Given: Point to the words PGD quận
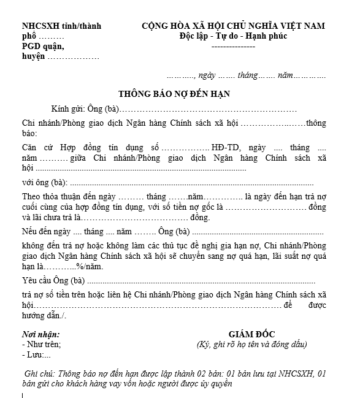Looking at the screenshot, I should coord(42,46).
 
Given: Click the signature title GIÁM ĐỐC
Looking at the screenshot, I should coord(250,334).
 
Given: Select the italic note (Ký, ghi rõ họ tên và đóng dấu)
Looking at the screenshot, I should coord(251,344).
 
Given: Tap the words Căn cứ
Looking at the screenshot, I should coord(36,148).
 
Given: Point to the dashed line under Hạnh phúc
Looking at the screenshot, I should coord(232,46).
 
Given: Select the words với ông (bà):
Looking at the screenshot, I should coord(45,182).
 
